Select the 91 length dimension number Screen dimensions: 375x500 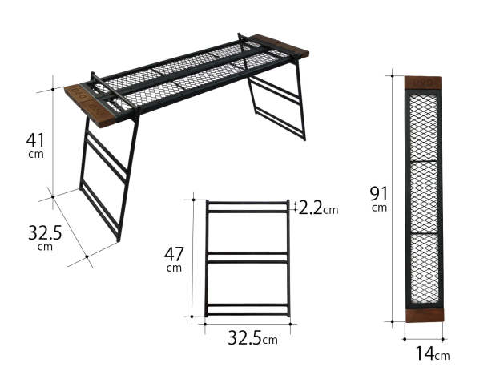[379, 193]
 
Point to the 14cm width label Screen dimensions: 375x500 [432, 353]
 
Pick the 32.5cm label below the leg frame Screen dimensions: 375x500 [247, 339]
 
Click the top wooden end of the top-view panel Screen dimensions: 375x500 [422, 83]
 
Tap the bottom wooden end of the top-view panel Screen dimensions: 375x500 [422, 314]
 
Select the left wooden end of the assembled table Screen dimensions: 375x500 [87, 103]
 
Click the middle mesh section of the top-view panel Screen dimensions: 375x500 [423, 196]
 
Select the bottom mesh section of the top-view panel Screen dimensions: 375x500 [423, 268]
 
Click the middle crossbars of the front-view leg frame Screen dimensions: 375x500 [247, 256]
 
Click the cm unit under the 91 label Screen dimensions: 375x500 [379, 208]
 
